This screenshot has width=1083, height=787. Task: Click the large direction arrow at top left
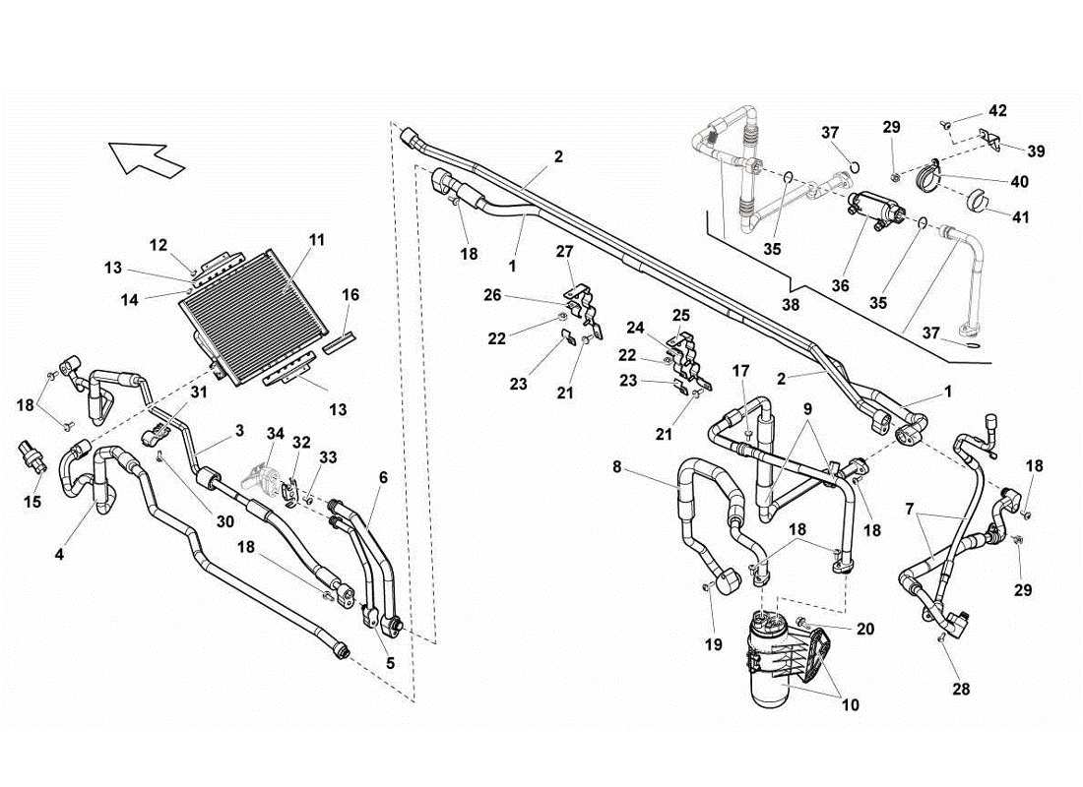pyautogui.click(x=146, y=157)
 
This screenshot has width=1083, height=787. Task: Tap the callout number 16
pyautogui.click(x=350, y=294)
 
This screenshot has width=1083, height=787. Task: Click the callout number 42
pyautogui.click(x=997, y=110)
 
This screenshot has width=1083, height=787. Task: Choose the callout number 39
pyautogui.click(x=1036, y=151)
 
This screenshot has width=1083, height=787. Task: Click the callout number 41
pyautogui.click(x=1020, y=216)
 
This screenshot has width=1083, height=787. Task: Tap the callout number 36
pyautogui.click(x=839, y=285)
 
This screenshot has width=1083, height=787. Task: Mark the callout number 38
pyautogui.click(x=791, y=306)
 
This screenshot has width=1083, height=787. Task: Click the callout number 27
pyautogui.click(x=565, y=252)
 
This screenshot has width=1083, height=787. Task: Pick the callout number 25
pyautogui.click(x=681, y=315)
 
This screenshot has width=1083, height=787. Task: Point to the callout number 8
pyautogui.click(x=617, y=468)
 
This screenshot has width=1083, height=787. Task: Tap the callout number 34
pyautogui.click(x=274, y=434)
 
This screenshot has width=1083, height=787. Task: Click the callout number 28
pyautogui.click(x=961, y=690)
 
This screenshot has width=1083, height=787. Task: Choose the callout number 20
pyautogui.click(x=864, y=628)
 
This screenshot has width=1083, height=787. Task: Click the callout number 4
pyautogui.click(x=59, y=555)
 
